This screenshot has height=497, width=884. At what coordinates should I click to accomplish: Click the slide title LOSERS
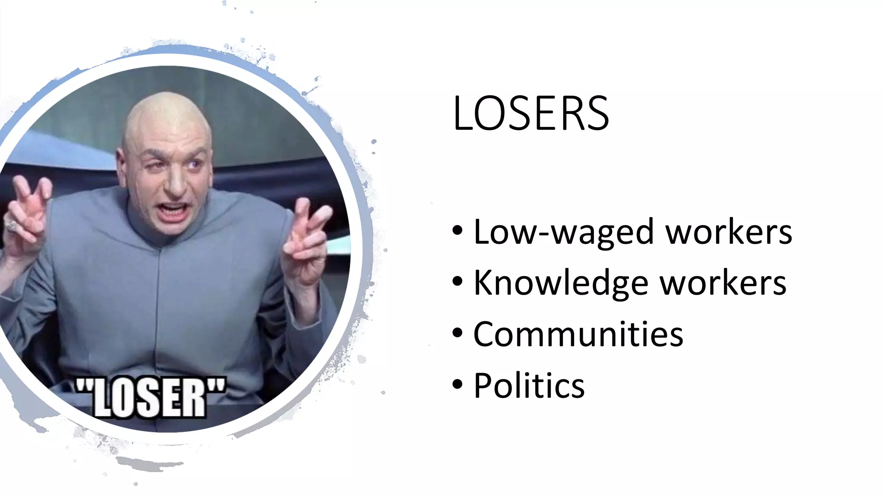click(530, 113)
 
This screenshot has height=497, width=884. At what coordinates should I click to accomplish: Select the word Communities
click(578, 334)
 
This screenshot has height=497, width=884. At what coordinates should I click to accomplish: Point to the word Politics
click(529, 385)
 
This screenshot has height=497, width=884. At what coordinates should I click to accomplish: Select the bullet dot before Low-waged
click(458, 230)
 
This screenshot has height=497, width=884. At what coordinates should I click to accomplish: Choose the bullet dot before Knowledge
click(458, 281)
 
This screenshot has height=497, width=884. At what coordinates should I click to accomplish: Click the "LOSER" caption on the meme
click(150, 397)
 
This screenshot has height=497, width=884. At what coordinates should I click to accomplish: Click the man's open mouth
click(174, 211)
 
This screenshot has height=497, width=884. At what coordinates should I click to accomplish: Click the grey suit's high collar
click(164, 235)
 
